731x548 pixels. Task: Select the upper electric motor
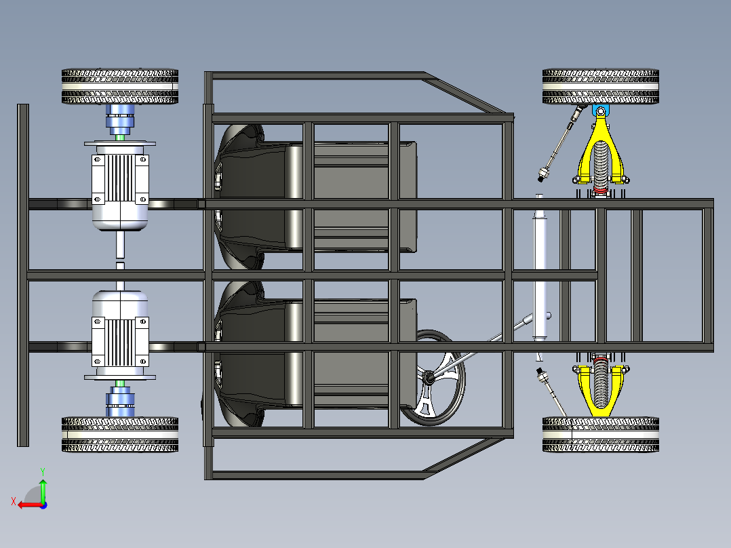[120, 187]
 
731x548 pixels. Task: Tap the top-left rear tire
[120, 86]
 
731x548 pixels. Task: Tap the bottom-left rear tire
[120, 435]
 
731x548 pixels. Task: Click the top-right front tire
[601, 86]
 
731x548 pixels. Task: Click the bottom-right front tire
[601, 434]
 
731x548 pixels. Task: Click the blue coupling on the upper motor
[121, 120]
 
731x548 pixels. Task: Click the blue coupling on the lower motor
[121, 402]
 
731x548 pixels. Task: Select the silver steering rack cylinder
[540, 271]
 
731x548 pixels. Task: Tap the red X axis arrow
[27, 505]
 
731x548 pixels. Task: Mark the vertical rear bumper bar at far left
[23, 275]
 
